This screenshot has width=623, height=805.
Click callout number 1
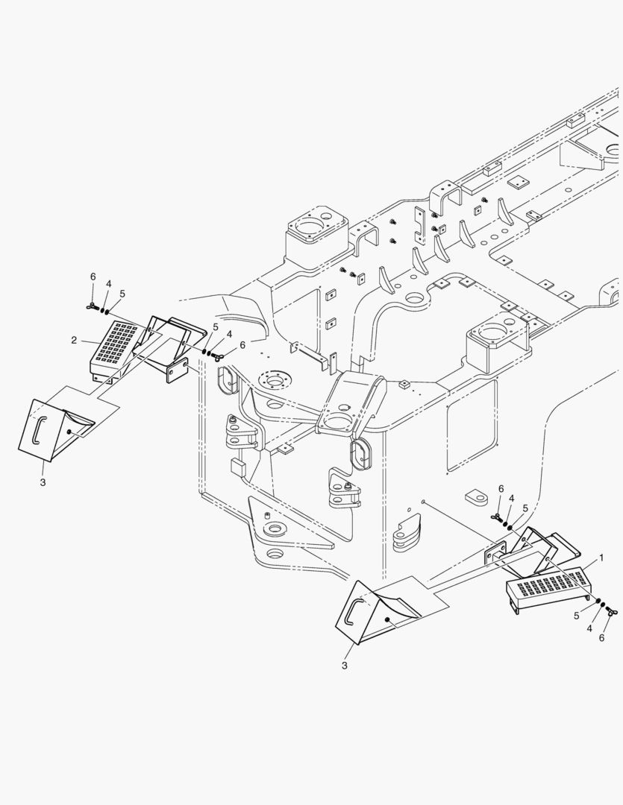pyautogui.click(x=601, y=557)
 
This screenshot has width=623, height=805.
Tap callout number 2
pyautogui.click(x=75, y=340)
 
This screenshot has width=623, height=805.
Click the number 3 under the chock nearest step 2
pyautogui.click(x=43, y=483)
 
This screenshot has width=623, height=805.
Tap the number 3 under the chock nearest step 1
pyautogui.click(x=344, y=664)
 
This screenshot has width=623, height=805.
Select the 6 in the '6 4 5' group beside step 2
pyautogui.click(x=93, y=277)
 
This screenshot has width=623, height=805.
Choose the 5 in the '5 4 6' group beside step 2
pyautogui.click(x=216, y=327)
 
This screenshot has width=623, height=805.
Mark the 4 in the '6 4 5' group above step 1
pyautogui.click(x=511, y=498)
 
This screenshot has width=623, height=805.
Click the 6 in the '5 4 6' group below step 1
pyautogui.click(x=602, y=639)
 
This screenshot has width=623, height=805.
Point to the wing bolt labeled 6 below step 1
pyautogui.click(x=612, y=613)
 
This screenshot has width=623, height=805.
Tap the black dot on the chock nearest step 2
pyautogui.click(x=69, y=432)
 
